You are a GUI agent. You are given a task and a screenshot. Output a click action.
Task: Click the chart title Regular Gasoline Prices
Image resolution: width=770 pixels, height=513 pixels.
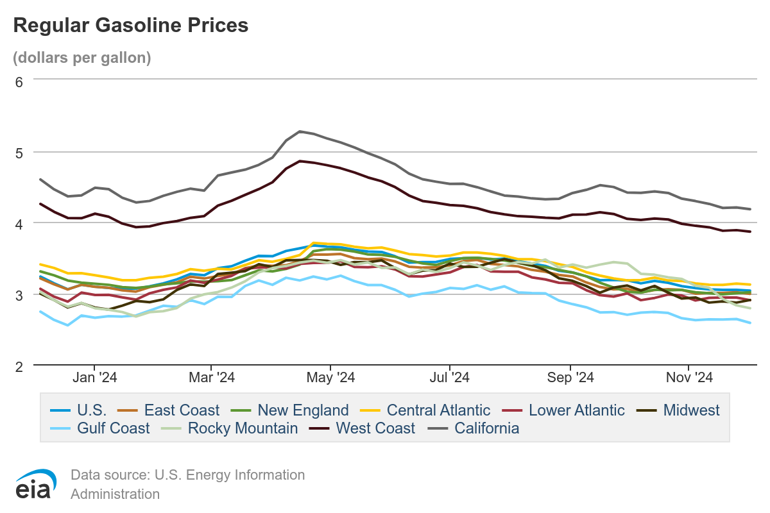pos(130,25)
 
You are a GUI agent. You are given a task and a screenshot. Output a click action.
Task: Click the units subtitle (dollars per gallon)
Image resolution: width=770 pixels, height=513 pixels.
pos(82,58)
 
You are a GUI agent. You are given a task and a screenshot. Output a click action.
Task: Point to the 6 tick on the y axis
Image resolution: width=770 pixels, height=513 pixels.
pos(19,81)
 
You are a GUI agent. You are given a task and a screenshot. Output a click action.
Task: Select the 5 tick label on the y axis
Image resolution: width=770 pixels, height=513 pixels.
pos(19,153)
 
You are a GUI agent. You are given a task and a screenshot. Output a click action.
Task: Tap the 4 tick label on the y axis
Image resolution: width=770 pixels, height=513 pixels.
pos(19,224)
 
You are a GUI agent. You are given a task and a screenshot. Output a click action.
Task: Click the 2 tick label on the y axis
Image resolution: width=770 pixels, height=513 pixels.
pos(19,366)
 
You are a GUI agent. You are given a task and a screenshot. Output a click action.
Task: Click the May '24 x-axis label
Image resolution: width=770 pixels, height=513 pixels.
pos(330,378)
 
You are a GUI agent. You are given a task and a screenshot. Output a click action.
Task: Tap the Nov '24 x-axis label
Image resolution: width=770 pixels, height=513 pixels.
pos(688,378)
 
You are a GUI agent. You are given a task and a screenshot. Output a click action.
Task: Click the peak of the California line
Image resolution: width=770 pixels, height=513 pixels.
pos(300,131)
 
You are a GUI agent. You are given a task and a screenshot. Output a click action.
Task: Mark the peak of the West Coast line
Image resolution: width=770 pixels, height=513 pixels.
pos(300,161)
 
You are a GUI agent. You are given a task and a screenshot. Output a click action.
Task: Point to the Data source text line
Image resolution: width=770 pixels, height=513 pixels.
pos(187,475)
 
